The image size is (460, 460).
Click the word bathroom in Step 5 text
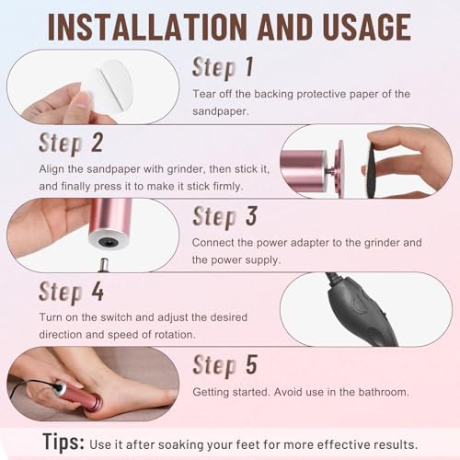tap(378, 392)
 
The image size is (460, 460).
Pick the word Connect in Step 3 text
tap(214, 243)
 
